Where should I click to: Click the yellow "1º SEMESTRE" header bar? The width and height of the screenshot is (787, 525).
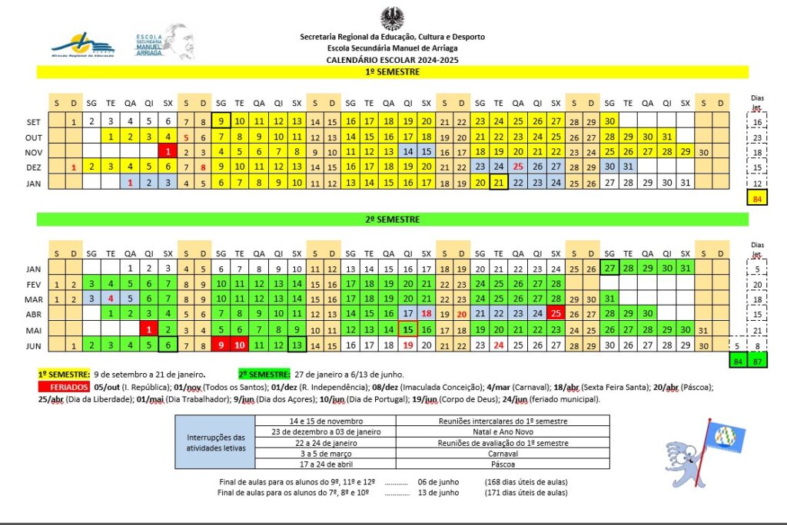pyautogui.click(x=392, y=71)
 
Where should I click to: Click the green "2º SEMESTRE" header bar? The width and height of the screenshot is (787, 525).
pyautogui.click(x=392, y=220)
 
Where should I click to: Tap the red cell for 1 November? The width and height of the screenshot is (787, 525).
pyautogui.click(x=168, y=152)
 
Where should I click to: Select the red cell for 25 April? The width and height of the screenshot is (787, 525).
pyautogui.click(x=556, y=313)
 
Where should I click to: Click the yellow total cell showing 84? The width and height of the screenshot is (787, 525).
pyautogui.click(x=757, y=200)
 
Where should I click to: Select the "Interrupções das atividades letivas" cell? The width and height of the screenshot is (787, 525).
pyautogui.click(x=215, y=442)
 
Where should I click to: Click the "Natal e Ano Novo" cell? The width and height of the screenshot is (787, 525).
pyautogui.click(x=503, y=431)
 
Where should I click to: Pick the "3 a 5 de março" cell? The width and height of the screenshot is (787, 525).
pyautogui.click(x=325, y=453)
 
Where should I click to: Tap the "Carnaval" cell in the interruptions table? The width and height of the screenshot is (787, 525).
pyautogui.click(x=503, y=453)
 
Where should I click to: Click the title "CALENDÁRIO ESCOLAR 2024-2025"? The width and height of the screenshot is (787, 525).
pyautogui.click(x=392, y=59)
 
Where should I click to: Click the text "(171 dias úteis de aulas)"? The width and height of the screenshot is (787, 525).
pyautogui.click(x=526, y=492)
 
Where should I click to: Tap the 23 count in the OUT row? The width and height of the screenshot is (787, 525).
pyautogui.click(x=757, y=138)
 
